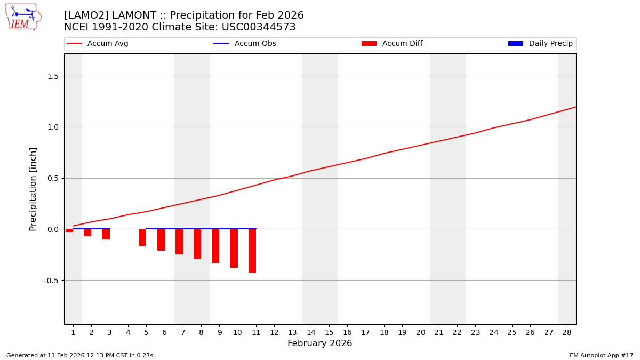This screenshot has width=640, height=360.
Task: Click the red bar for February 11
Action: point(252,251)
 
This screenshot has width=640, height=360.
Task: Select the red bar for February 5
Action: point(142,237)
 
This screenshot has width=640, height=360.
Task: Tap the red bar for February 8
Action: point(197,244)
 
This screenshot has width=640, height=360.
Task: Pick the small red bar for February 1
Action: point(69,230)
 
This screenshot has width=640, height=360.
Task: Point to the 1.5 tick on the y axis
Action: point(52,76)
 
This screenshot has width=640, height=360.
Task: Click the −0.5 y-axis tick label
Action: point(50,281)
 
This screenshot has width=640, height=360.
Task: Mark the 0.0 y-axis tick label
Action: point(52,229)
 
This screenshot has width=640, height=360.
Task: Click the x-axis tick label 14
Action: point(311,332)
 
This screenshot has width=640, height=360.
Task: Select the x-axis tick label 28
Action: point(567,332)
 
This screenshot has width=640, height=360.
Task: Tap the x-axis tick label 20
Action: point(420,332)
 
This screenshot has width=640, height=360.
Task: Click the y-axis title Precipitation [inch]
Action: point(34,189)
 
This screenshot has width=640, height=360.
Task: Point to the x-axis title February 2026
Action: point(319,343)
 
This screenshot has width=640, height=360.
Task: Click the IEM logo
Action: point(23,17)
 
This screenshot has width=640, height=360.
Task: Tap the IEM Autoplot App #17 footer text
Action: point(600,355)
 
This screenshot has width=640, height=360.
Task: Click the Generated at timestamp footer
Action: point(79,355)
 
